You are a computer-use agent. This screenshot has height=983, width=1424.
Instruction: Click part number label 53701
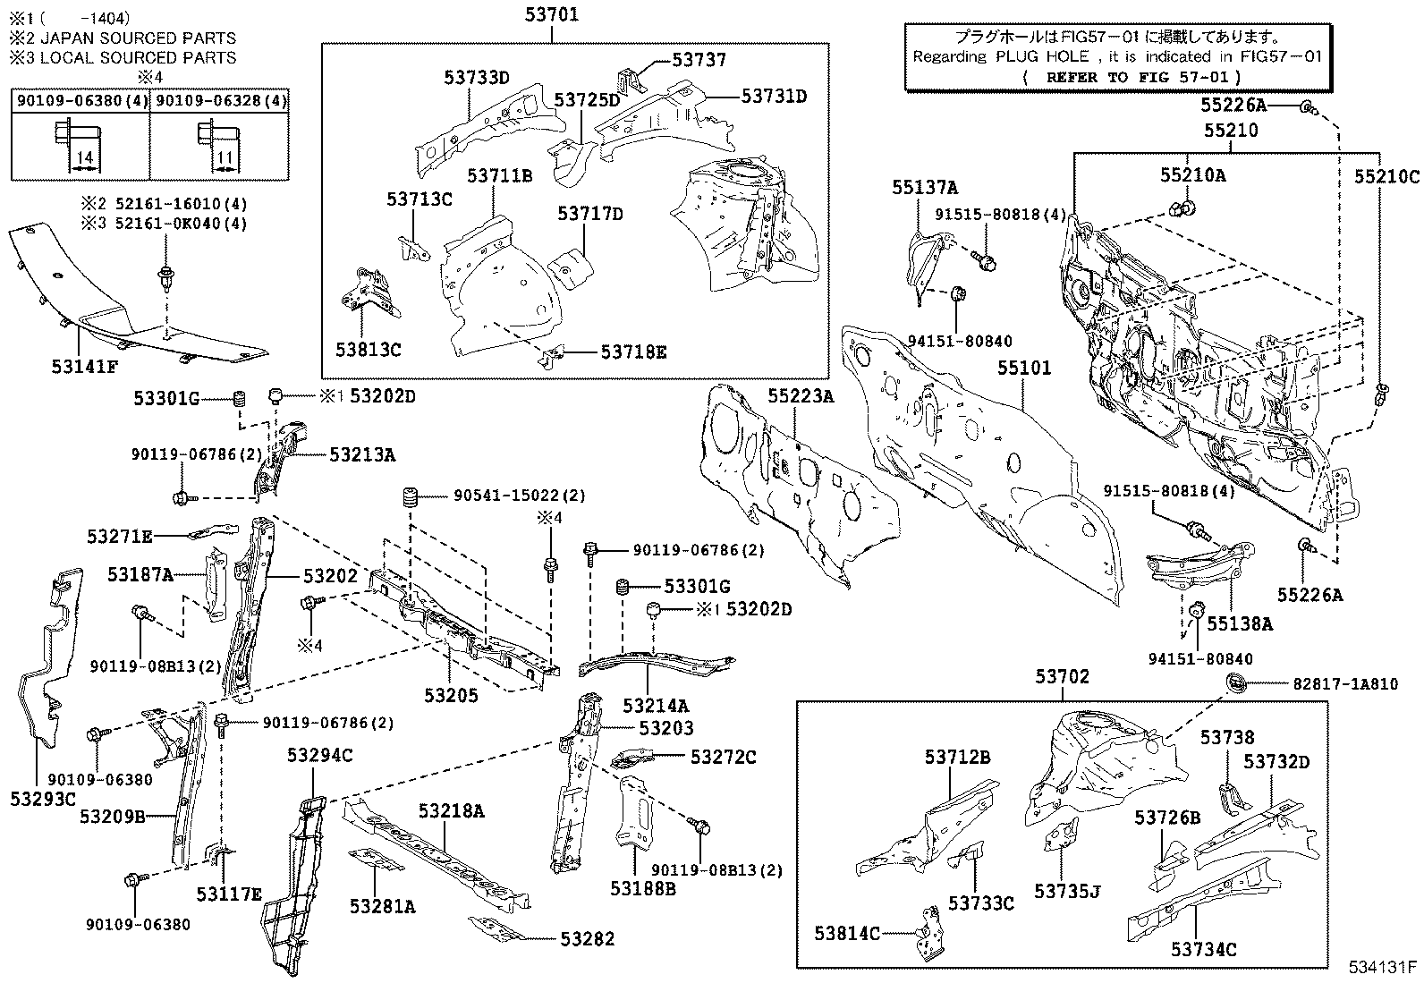551,14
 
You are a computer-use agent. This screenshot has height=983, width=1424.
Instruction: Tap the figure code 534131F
1383,966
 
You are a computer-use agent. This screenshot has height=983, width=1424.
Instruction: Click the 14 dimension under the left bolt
84,158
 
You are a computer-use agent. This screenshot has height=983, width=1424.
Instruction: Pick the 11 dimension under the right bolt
225,158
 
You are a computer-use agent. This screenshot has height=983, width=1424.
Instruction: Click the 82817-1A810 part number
1344,683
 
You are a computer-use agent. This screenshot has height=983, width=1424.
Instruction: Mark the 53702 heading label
1063,677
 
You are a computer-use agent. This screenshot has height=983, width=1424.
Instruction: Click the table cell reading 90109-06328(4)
220,101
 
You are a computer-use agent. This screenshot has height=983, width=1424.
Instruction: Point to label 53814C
847,934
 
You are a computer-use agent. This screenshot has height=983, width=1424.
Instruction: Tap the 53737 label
699,60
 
